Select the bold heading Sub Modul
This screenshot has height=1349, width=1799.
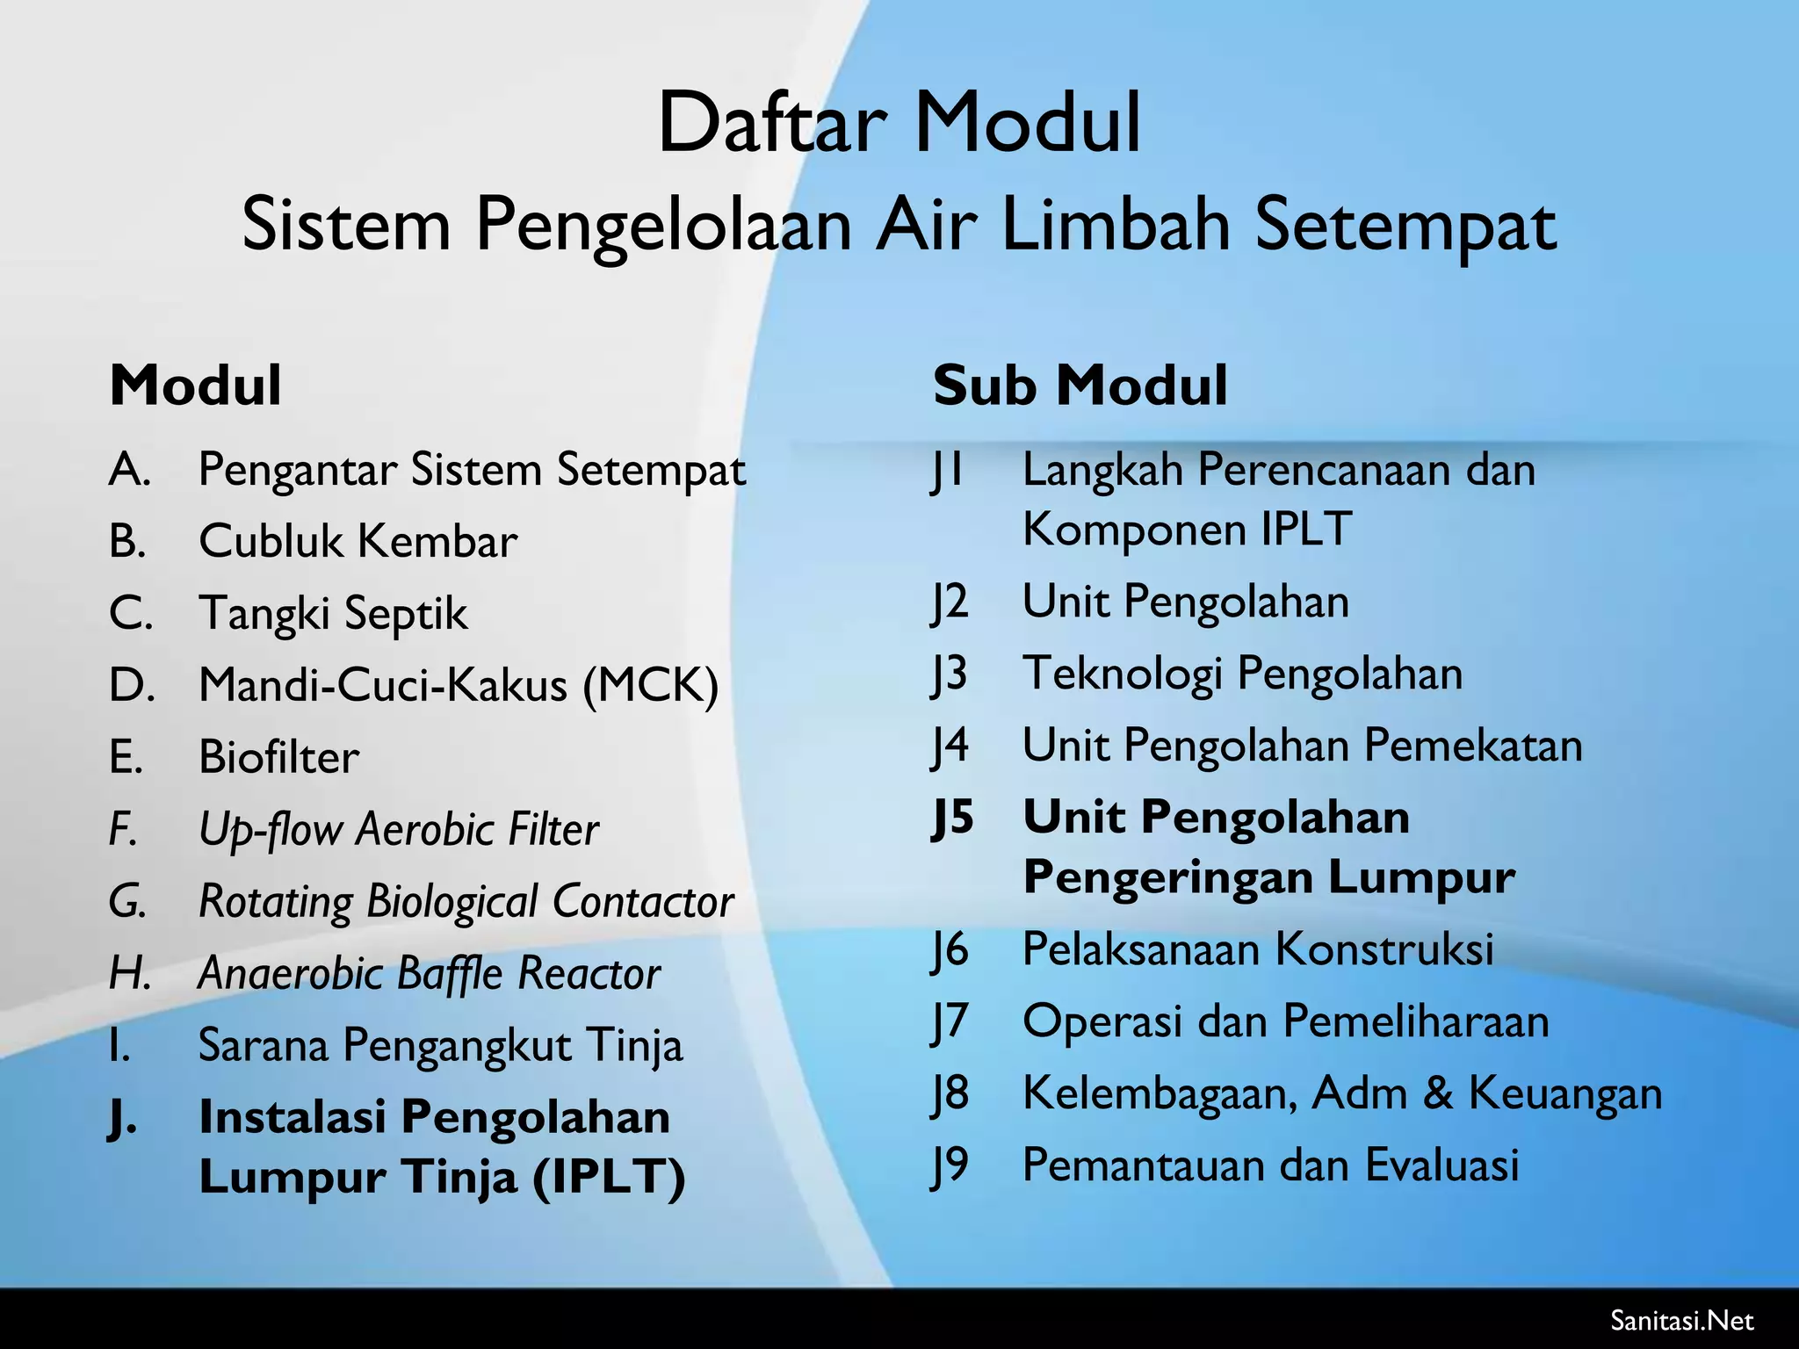pyautogui.click(x=1080, y=386)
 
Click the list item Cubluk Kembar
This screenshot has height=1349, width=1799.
pyautogui.click(x=358, y=541)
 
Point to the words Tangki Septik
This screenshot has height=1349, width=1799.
pyautogui.click(x=333, y=613)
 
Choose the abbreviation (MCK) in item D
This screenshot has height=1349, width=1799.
pyautogui.click(x=651, y=685)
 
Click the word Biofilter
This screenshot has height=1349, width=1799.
pyautogui.click(x=278, y=757)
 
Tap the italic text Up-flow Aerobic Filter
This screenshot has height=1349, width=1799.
pyautogui.click(x=399, y=829)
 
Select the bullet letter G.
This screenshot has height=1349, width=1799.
pyautogui.click(x=127, y=901)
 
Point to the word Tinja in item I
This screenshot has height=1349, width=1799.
pyautogui.click(x=633, y=1045)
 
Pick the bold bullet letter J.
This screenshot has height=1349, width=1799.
pyautogui.click(x=122, y=1118)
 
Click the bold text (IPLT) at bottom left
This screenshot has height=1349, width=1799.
pyautogui.click(x=608, y=1177)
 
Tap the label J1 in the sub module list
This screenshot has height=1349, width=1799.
pyautogui.click(x=949, y=470)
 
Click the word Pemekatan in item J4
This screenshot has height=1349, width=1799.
pyautogui.click(x=1472, y=746)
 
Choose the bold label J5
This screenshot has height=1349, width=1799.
pyautogui.click(x=952, y=818)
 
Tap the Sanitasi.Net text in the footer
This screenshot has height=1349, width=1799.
pyautogui.click(x=1681, y=1320)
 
